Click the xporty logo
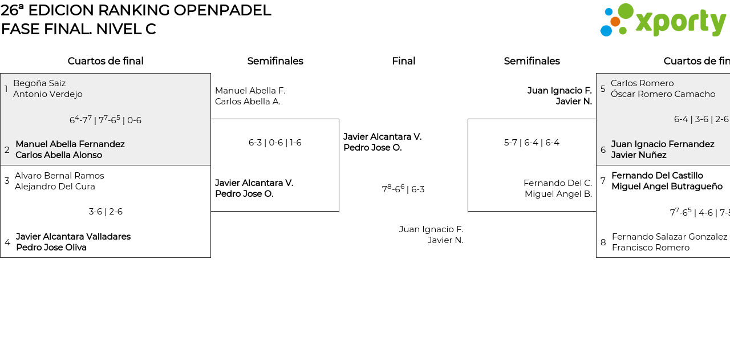tap(663, 21)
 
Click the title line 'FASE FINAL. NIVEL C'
tap(79, 29)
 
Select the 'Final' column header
tap(403, 61)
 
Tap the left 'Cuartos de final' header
tap(106, 61)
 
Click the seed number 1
tap(6, 89)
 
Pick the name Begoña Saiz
tap(39, 83)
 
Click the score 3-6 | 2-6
tap(106, 212)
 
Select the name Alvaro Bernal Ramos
tap(59, 176)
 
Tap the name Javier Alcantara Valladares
tap(73, 237)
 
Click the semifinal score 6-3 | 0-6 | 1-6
tap(275, 143)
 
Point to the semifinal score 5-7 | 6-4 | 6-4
tap(532, 143)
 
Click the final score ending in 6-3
tap(403, 189)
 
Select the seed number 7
tap(603, 181)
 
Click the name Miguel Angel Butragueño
tap(667, 187)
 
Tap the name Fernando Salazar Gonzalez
tap(670, 237)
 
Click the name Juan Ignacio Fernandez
tap(663, 144)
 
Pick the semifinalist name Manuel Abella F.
tap(250, 91)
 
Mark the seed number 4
tap(7, 242)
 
